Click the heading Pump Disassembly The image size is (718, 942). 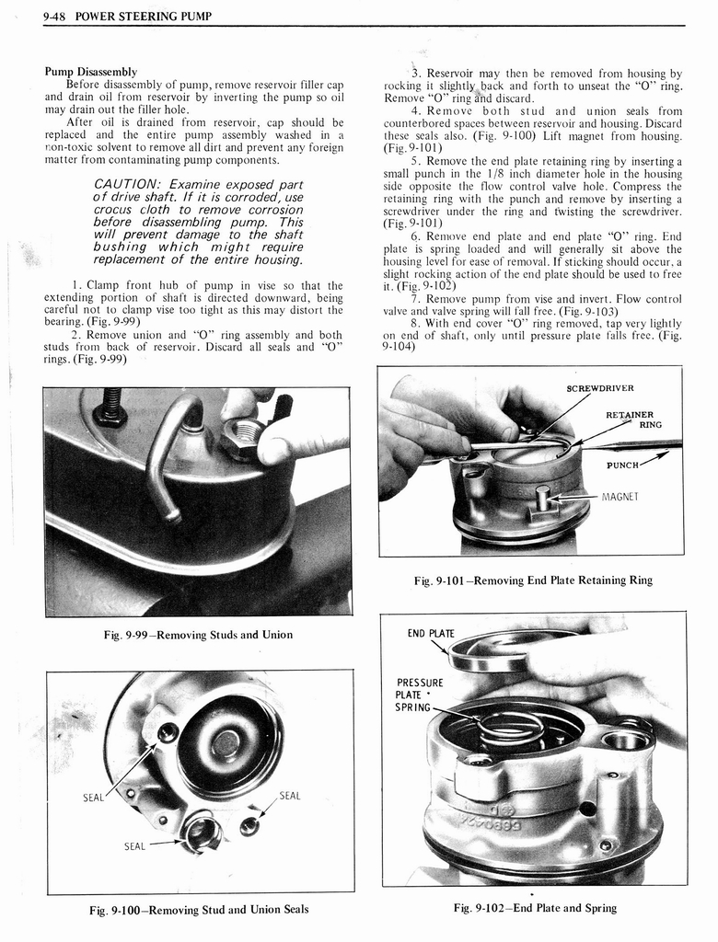pos(91,72)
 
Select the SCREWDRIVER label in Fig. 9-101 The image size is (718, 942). pos(600,387)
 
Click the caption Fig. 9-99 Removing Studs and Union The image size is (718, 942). pos(199,635)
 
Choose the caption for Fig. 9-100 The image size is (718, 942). pos(199,910)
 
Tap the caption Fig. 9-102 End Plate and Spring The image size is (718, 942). pos(534,908)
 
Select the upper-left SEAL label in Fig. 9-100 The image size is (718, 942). pos(94,798)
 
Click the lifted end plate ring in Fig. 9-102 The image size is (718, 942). pos(497,649)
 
